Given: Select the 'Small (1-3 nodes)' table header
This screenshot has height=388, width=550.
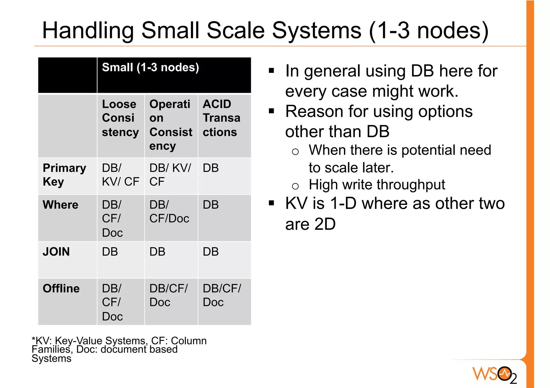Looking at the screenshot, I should click(x=150, y=68).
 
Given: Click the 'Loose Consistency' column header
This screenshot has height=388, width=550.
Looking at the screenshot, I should click(x=120, y=118).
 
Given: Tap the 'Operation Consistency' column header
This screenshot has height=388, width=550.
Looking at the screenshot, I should click(x=171, y=125).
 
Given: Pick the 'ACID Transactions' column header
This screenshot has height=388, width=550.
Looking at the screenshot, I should click(x=221, y=118).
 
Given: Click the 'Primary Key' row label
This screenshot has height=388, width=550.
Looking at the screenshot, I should click(x=64, y=175).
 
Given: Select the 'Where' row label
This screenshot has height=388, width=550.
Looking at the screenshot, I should click(x=60, y=205).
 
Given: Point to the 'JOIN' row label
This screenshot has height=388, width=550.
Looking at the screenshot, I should click(x=56, y=252).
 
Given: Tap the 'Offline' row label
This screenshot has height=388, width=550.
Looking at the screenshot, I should click(x=61, y=289).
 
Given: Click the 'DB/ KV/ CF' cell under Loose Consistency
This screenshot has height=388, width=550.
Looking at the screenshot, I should click(x=120, y=175).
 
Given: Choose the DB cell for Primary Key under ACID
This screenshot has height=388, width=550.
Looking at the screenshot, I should click(x=211, y=168).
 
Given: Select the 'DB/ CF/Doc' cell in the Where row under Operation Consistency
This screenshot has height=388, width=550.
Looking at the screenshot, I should click(x=169, y=212).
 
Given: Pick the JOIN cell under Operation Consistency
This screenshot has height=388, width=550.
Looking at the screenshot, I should click(x=157, y=252).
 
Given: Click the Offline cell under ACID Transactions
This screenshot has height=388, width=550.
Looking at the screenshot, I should click(x=222, y=295).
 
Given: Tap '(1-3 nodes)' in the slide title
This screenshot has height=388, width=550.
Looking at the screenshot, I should click(x=429, y=31).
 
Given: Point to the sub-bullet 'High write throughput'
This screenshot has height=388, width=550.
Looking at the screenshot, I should click(x=377, y=185).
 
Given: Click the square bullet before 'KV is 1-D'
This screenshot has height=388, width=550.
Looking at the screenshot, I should click(x=272, y=203).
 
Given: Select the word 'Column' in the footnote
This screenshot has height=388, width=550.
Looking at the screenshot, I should click(x=189, y=341).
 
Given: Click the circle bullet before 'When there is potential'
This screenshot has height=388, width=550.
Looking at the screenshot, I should click(x=295, y=152).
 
